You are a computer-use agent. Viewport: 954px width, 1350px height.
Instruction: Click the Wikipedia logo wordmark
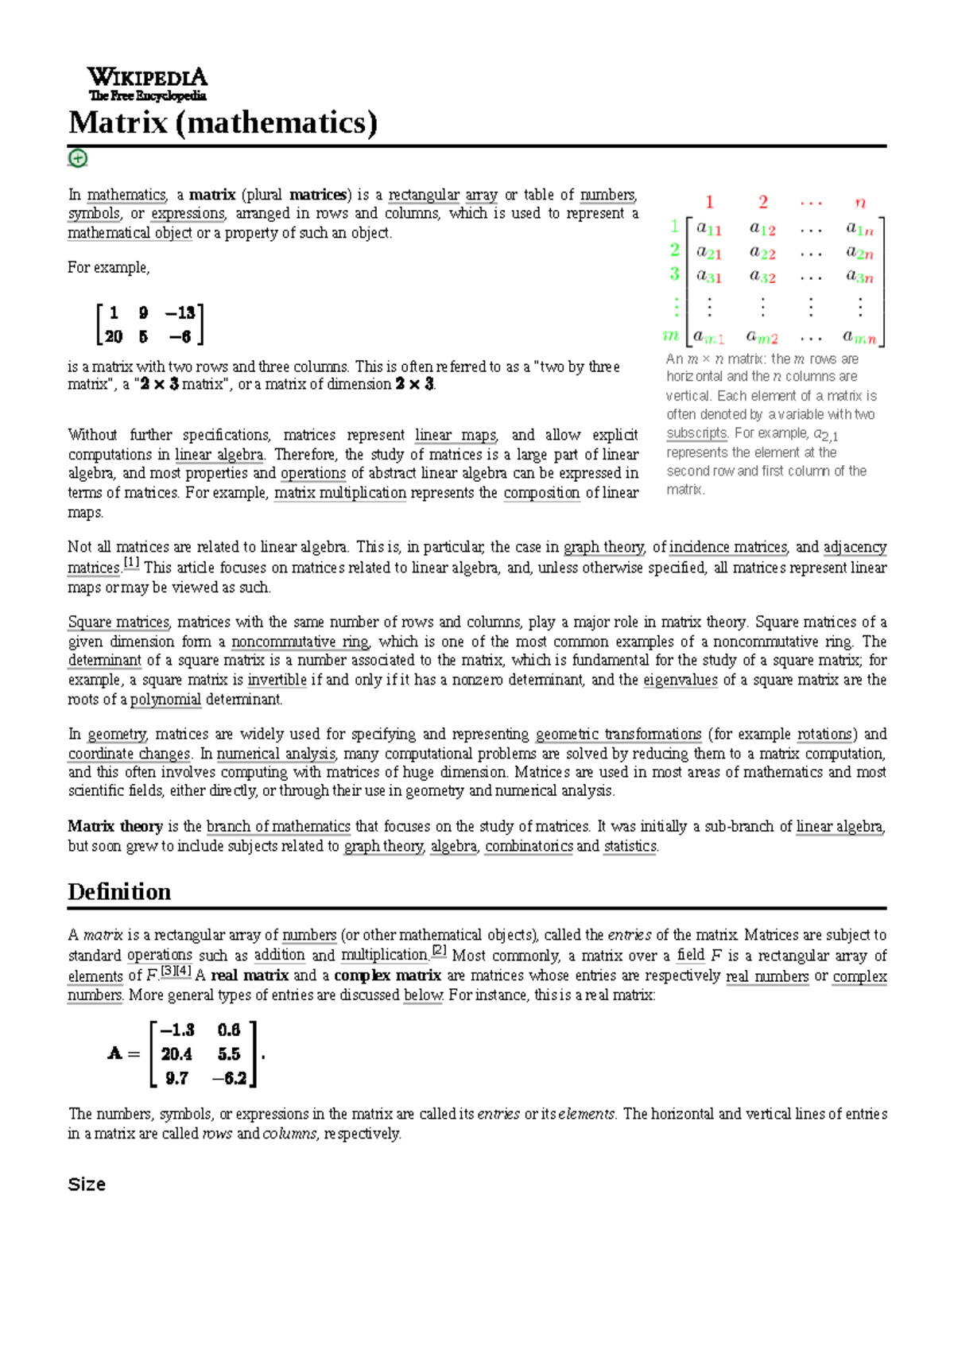pos(147,78)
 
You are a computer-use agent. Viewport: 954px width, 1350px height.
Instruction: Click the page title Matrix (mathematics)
pos(223,123)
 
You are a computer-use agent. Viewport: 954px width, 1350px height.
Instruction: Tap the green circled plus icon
pos(77,158)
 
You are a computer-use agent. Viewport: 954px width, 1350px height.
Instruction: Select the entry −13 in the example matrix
pos(180,313)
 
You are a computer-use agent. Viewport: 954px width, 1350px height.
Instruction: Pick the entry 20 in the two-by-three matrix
pos(114,337)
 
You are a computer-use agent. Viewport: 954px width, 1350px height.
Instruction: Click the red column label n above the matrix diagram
pos(860,202)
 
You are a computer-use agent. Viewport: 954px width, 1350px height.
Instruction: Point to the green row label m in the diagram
pos(671,336)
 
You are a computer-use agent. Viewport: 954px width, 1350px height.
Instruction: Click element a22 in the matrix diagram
pos(762,253)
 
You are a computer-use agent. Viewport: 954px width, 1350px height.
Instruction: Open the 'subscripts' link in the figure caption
pos(696,433)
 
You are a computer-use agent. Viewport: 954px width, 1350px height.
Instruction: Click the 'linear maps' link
pos(456,435)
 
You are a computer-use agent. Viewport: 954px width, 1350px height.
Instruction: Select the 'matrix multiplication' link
pos(340,493)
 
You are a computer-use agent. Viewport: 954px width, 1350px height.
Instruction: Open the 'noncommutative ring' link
pos(300,642)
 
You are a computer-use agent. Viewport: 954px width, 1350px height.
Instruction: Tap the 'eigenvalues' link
pos(681,680)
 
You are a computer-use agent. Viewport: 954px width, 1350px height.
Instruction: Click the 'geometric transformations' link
pos(619,734)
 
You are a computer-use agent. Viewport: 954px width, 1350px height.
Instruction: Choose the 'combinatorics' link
pos(529,846)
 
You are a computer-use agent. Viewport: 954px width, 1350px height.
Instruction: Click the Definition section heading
pos(119,892)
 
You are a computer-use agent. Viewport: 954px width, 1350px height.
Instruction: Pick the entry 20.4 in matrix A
pos(176,1054)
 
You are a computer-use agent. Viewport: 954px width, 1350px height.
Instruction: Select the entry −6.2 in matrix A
pos(229,1079)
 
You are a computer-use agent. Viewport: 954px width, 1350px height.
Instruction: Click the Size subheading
pos(87,1185)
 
